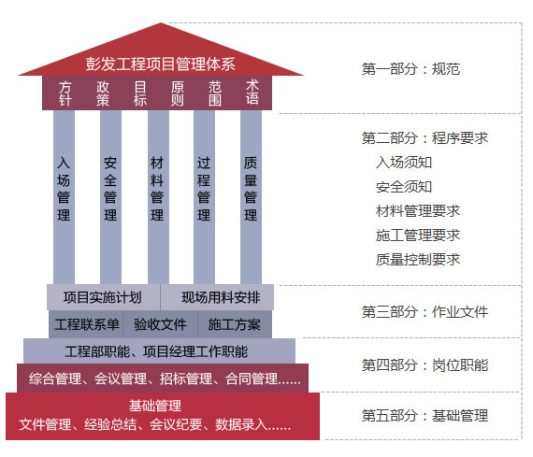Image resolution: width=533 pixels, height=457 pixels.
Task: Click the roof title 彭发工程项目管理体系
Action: (160, 64)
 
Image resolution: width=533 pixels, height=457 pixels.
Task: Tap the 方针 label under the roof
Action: (65, 93)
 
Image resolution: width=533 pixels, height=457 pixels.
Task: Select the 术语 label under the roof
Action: (252, 93)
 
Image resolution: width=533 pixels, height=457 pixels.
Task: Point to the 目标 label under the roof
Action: (140, 93)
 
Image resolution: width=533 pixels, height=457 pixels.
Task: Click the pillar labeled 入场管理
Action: (64, 197)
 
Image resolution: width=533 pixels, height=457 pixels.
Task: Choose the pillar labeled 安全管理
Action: (110, 197)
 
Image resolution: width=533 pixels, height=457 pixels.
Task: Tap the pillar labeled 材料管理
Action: (158, 197)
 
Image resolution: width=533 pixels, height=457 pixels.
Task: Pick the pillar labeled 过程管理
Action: (204, 197)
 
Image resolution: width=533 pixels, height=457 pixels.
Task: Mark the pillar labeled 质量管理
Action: (251, 197)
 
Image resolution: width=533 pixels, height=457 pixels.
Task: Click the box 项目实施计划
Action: (104, 297)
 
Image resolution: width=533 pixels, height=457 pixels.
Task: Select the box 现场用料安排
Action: (217, 297)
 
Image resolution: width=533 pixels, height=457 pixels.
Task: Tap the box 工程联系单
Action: (86, 324)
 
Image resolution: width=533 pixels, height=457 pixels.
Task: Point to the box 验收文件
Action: (161, 324)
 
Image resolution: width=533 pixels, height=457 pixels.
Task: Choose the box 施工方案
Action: (235, 324)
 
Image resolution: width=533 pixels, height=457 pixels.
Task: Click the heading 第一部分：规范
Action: (411, 69)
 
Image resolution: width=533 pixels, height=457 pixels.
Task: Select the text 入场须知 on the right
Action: (404, 163)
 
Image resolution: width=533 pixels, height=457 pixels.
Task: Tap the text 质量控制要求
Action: (418, 260)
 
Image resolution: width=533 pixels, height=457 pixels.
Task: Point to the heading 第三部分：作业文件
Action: (425, 311)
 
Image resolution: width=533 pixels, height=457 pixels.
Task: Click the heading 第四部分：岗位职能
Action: (425, 365)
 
